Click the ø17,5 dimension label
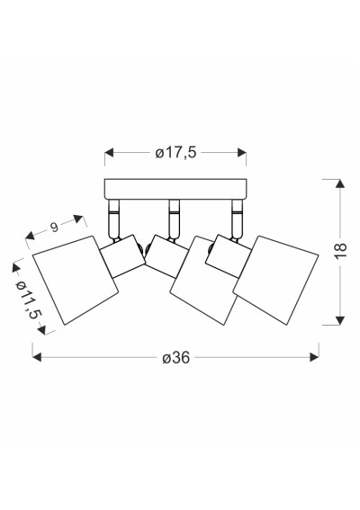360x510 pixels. coord(175,153)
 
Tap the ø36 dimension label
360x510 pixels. coord(175,358)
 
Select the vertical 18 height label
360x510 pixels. coord(341,250)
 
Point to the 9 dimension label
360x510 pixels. coord(54,227)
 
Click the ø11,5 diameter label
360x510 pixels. coord(29,300)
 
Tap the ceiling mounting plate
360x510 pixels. coord(175,189)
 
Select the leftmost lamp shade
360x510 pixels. coord(76,280)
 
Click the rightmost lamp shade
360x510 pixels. coord(275,280)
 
